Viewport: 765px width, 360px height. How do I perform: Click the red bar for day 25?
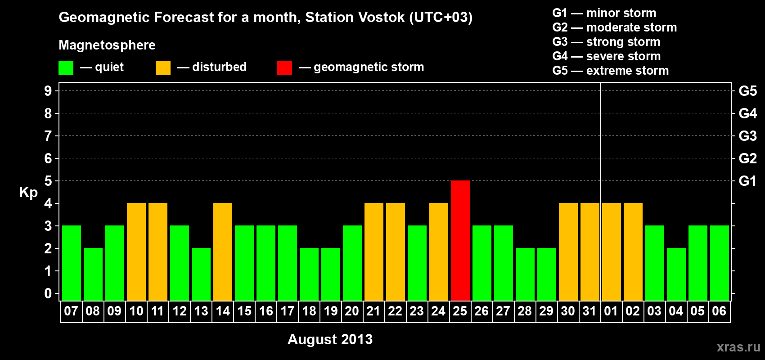460,240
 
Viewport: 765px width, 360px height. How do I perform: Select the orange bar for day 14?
223,252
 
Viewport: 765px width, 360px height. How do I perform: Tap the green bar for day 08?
93,274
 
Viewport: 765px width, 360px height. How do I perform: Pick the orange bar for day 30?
568,252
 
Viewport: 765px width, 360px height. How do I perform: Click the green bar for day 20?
352,263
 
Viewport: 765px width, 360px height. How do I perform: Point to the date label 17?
288,311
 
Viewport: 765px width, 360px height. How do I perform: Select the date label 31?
590,311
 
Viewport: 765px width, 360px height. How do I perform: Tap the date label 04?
676,311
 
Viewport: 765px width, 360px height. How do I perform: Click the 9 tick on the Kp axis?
48,91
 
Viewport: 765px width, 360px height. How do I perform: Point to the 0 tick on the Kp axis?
48,293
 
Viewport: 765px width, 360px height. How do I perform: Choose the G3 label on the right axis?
747,136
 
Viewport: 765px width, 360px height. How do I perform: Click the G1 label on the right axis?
747,181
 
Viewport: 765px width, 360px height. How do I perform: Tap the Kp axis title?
28,193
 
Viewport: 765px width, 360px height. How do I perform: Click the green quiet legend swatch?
66,67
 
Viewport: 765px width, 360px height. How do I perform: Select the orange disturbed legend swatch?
163,67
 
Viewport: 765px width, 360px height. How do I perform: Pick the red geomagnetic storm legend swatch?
285,67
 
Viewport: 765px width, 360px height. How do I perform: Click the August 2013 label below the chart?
330,339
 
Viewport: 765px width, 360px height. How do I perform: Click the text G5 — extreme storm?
611,71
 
